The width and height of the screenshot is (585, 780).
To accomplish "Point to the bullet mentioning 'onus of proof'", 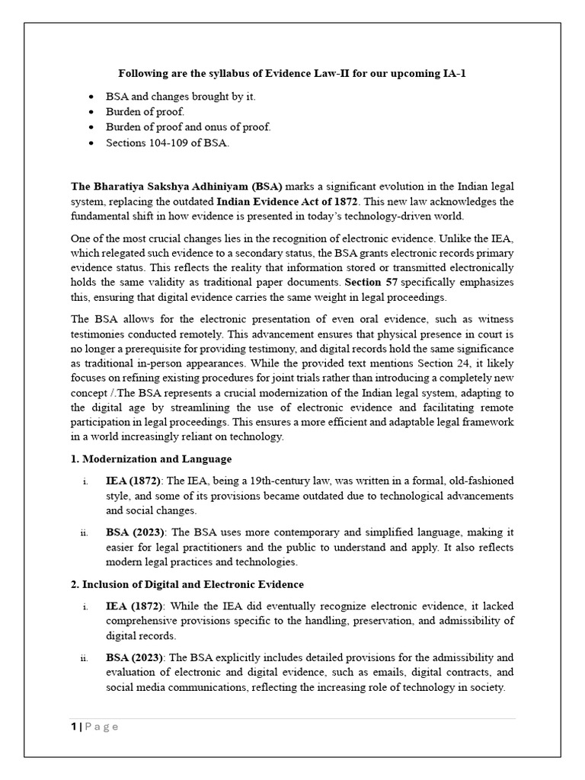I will [x=189, y=127].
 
